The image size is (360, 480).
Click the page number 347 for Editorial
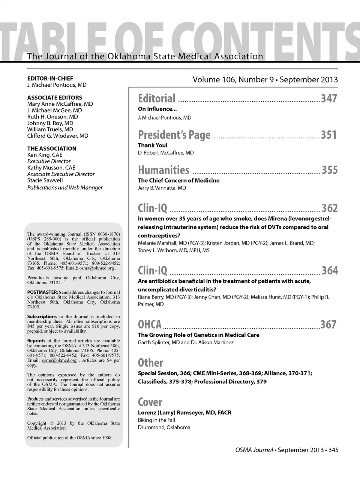click(329, 99)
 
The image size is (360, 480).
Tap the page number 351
click(329, 135)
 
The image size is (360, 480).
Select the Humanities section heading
click(163, 170)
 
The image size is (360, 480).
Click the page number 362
click(330, 208)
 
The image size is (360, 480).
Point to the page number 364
click(330, 270)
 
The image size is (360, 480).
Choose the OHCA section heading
click(150, 324)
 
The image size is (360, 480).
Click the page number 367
click(328, 324)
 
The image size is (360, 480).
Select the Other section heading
click(150, 363)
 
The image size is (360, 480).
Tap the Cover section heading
click(150, 402)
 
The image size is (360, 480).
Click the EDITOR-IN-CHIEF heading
click(50, 79)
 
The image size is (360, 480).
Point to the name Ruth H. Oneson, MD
click(52, 117)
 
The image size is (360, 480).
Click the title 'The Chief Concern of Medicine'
click(178, 180)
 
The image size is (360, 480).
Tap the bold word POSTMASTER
click(42, 292)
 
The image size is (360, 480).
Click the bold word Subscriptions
click(42, 316)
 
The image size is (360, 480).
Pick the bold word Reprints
click(36, 341)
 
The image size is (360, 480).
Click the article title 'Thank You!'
click(153, 145)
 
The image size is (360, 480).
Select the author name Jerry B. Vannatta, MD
click(162, 188)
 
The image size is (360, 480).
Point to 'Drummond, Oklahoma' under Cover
click(164, 427)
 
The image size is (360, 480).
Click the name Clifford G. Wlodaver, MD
click(58, 136)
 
